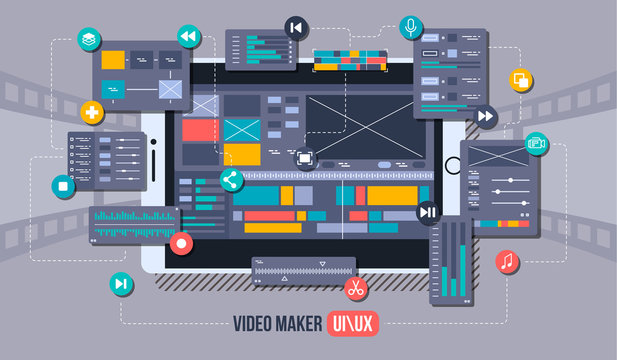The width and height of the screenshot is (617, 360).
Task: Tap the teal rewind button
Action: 187,37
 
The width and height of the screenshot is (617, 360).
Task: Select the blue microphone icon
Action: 409,25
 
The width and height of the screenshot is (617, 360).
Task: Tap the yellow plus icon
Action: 93,112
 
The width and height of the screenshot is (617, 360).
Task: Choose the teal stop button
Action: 62,185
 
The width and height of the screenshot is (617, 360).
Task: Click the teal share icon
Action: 231,180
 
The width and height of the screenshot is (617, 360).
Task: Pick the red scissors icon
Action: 354,289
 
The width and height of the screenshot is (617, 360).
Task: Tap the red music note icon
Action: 507,262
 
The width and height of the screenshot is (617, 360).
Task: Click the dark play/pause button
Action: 427,211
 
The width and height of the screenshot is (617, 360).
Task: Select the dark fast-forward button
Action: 484,116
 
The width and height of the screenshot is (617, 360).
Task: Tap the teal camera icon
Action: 537,143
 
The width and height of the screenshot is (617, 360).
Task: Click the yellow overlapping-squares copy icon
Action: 521,80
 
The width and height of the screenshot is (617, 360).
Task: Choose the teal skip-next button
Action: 121,284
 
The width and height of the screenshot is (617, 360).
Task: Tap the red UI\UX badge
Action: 354,323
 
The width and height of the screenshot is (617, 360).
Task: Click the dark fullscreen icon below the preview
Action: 304,158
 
